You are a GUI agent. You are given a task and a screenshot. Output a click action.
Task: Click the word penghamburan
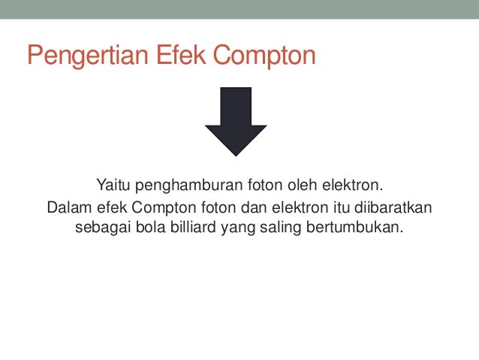point(179,185)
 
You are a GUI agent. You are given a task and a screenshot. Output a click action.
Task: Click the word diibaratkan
point(391,207)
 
